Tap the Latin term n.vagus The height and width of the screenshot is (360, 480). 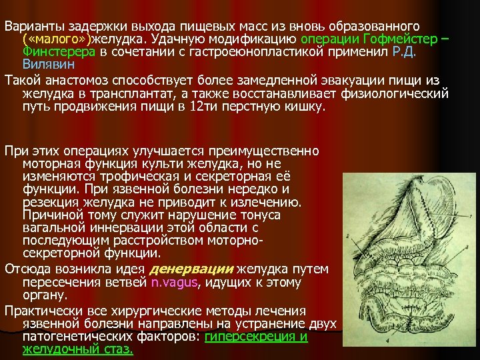[x=175, y=282]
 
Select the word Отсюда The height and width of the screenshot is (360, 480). [x=25, y=269]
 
